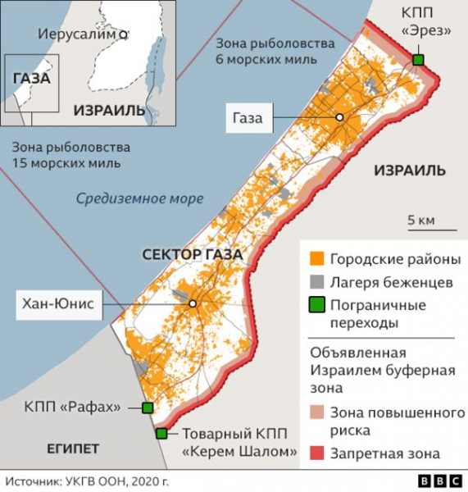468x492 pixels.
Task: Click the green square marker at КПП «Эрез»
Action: tap(419, 60)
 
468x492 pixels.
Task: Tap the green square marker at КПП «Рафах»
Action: tap(148, 408)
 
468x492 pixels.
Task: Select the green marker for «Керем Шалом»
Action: tap(161, 434)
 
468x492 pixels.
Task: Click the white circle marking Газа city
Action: tap(338, 118)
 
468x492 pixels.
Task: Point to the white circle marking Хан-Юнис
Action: tap(193, 303)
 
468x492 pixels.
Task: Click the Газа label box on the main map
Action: tap(247, 118)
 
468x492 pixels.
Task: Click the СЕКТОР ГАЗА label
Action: tap(192, 255)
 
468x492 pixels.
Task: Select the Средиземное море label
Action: tap(139, 198)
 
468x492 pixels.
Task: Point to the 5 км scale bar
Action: tap(420, 229)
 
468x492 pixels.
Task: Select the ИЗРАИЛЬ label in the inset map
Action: tap(109, 109)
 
